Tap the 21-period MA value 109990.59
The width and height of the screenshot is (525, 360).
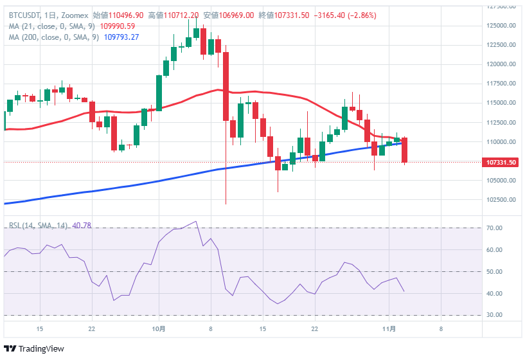coord(118,26)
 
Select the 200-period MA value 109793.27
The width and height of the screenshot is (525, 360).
coord(121,37)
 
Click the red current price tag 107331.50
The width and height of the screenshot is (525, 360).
coord(499,163)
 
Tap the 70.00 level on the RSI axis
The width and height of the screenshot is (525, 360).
coord(494,228)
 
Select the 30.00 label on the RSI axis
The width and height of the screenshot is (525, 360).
coord(494,315)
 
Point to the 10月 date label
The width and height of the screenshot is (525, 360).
coord(160,329)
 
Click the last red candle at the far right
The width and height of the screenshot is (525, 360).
coord(405,150)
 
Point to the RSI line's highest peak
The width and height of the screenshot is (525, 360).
coord(195,222)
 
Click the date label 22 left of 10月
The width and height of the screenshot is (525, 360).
coord(92,329)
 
